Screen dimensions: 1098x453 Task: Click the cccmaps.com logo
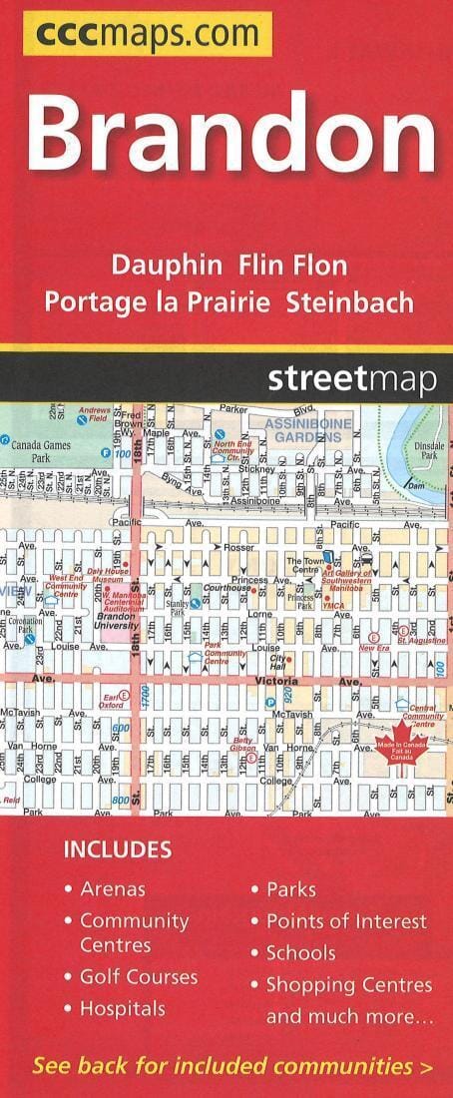[x=148, y=35]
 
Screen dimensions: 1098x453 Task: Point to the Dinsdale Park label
[x=428, y=449]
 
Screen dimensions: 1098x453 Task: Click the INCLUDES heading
[x=118, y=850]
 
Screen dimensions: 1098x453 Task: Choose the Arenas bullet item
[x=112, y=888]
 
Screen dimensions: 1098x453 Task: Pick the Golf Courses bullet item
[x=138, y=977]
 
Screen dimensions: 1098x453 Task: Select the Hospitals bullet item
[x=122, y=1009]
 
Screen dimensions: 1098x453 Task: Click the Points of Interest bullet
[x=345, y=921]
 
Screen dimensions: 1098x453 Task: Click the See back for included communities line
[x=232, y=1066]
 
